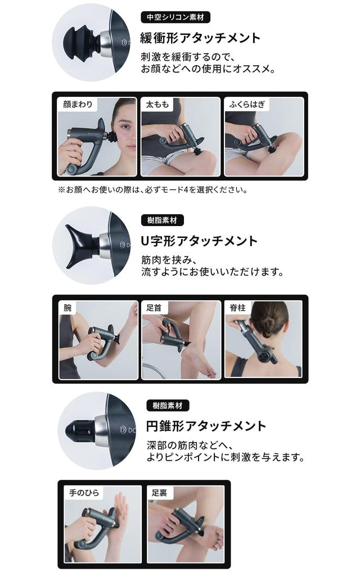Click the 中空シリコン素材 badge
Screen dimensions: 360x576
(x=175, y=17)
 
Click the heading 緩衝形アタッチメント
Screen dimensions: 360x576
(x=200, y=38)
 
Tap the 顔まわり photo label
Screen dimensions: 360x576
(x=78, y=104)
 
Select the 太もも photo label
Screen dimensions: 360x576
(x=157, y=104)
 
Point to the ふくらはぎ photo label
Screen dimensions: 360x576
(x=247, y=104)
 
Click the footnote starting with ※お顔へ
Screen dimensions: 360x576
(x=153, y=190)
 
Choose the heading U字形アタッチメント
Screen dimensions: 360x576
(x=199, y=241)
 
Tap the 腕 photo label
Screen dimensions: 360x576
(x=67, y=308)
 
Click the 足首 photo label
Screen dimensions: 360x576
(x=154, y=308)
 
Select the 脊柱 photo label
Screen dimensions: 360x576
(x=237, y=308)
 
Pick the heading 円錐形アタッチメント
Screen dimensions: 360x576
(x=206, y=426)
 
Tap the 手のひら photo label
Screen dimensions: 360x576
(x=84, y=493)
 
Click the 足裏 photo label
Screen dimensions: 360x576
(x=159, y=493)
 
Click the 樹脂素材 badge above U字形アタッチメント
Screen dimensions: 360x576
(x=162, y=220)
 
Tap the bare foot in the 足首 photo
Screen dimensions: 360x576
(x=199, y=361)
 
